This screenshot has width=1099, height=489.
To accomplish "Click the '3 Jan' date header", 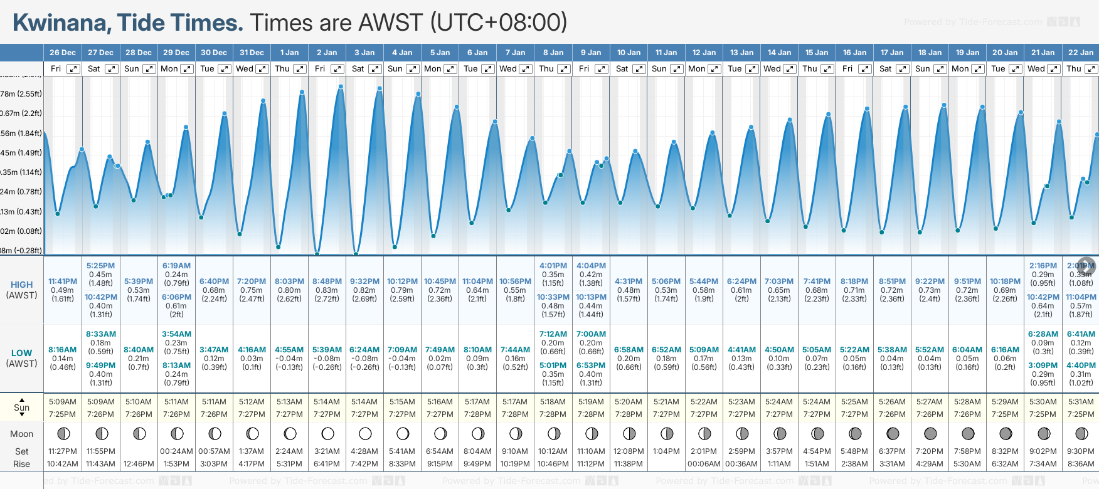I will [x=364, y=53].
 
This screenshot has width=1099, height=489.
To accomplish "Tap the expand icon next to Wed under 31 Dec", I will [x=262, y=69].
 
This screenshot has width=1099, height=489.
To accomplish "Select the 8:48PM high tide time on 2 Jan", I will [x=327, y=281].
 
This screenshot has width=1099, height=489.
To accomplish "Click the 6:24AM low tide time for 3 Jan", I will [x=364, y=350].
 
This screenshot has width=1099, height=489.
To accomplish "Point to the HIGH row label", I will [x=21, y=285].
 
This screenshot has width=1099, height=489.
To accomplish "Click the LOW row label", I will [x=21, y=353].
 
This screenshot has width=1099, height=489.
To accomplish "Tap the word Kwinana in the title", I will [x=60, y=23].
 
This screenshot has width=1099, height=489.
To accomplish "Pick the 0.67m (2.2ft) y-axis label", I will [x=21, y=113].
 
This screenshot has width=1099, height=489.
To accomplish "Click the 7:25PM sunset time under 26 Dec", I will [x=63, y=414].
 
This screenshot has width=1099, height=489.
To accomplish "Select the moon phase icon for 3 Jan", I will [x=365, y=433].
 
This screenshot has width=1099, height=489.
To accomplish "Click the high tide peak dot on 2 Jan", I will [x=341, y=87].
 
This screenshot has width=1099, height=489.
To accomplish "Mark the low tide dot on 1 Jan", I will [x=279, y=247].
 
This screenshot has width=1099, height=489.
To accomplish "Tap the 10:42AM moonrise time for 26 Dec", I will [x=63, y=464].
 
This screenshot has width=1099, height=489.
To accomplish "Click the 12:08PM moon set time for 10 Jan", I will [x=629, y=451].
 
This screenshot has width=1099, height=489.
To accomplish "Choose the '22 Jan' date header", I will [x=1080, y=53].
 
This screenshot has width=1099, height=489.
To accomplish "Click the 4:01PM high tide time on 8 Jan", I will [x=553, y=266].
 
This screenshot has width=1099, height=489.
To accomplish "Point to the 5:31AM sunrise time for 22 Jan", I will [x=1080, y=402].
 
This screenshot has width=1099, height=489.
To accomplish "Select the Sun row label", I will [x=21, y=407].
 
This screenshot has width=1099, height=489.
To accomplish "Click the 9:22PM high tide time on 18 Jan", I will [x=930, y=281].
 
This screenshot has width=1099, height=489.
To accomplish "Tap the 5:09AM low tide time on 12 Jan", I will [x=704, y=350].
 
